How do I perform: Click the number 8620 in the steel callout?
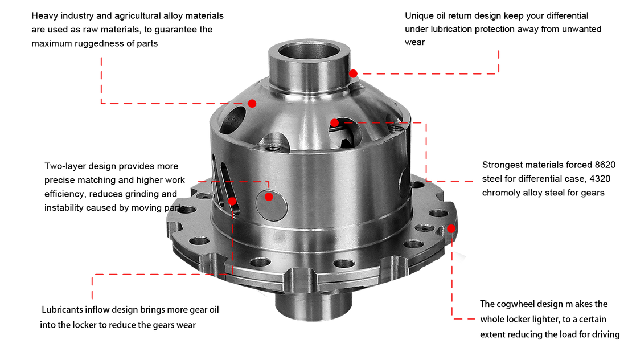click(605, 165)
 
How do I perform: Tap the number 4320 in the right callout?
click(600, 179)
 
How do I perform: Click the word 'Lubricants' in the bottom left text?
click(62, 309)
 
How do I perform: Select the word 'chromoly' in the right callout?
click(500, 193)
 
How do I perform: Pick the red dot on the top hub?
click(353, 73)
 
